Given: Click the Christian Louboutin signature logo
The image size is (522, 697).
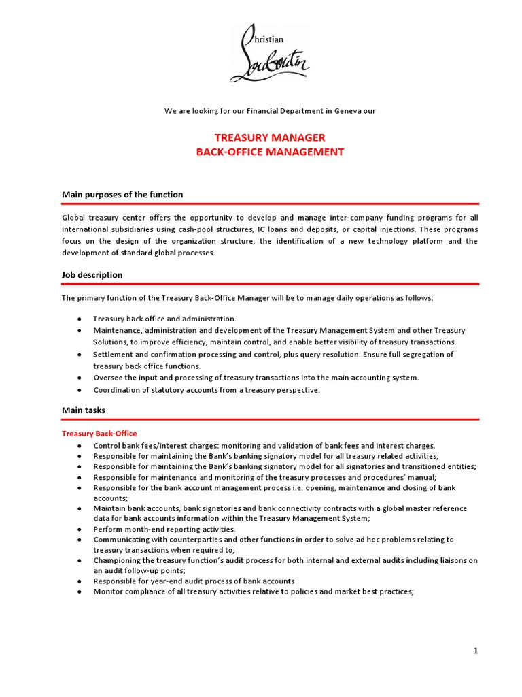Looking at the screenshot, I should tap(270, 52).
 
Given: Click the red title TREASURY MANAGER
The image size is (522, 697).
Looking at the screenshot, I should tap(270, 137).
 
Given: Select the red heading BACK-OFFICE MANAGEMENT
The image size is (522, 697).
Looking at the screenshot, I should tap(270, 152).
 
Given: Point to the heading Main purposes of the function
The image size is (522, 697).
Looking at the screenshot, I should tap(122, 195).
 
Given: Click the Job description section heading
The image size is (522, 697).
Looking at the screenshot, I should tap(92, 275).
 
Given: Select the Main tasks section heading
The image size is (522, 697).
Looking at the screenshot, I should tap(84, 410).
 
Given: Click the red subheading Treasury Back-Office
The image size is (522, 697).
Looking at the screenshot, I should tap(99, 433).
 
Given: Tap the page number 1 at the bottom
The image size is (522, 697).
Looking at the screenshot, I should tap(476, 651).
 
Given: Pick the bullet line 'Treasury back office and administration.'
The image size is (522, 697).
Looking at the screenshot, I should tap(164, 319).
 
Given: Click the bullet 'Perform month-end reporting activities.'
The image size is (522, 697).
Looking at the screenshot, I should tap(164, 529).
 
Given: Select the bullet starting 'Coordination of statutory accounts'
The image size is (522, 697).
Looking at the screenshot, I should tap(206, 390).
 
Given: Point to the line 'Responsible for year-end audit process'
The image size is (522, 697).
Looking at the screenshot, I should tap(194, 581).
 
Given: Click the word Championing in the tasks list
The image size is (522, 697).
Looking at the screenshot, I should tap(118, 560).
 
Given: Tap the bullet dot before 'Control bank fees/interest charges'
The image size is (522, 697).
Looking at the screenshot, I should tap(80, 446).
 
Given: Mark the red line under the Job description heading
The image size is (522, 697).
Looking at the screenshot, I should tap(270, 284).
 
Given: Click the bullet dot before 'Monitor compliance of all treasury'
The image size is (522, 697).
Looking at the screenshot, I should tap(80, 592).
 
